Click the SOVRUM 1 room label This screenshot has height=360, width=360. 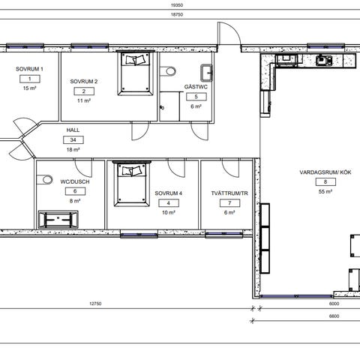(x=29, y=69)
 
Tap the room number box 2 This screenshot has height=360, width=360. (x=84, y=91)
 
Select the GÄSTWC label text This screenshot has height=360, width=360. (x=196, y=87)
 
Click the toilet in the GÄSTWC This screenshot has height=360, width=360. (x=168, y=71)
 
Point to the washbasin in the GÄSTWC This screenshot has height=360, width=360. (x=206, y=73)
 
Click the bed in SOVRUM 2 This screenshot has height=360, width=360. (x=135, y=73)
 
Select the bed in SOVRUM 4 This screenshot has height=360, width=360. (x=132, y=184)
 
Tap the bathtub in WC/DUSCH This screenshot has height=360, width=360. (x=58, y=220)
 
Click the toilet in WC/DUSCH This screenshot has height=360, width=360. (x=45, y=179)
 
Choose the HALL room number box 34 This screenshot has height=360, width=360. (x=73, y=140)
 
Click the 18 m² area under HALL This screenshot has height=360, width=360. (x=73, y=150)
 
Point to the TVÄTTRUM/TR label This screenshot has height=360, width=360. (x=229, y=193)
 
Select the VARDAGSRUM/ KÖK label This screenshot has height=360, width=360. (x=325, y=172)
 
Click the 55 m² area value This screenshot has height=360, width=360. (x=325, y=192)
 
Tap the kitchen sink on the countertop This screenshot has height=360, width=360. (x=324, y=60)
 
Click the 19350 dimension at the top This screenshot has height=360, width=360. (x=177, y=5)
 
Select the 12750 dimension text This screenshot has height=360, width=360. (x=95, y=304)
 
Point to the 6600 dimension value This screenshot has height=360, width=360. (x=334, y=316)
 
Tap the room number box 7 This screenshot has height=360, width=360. (x=229, y=203)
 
